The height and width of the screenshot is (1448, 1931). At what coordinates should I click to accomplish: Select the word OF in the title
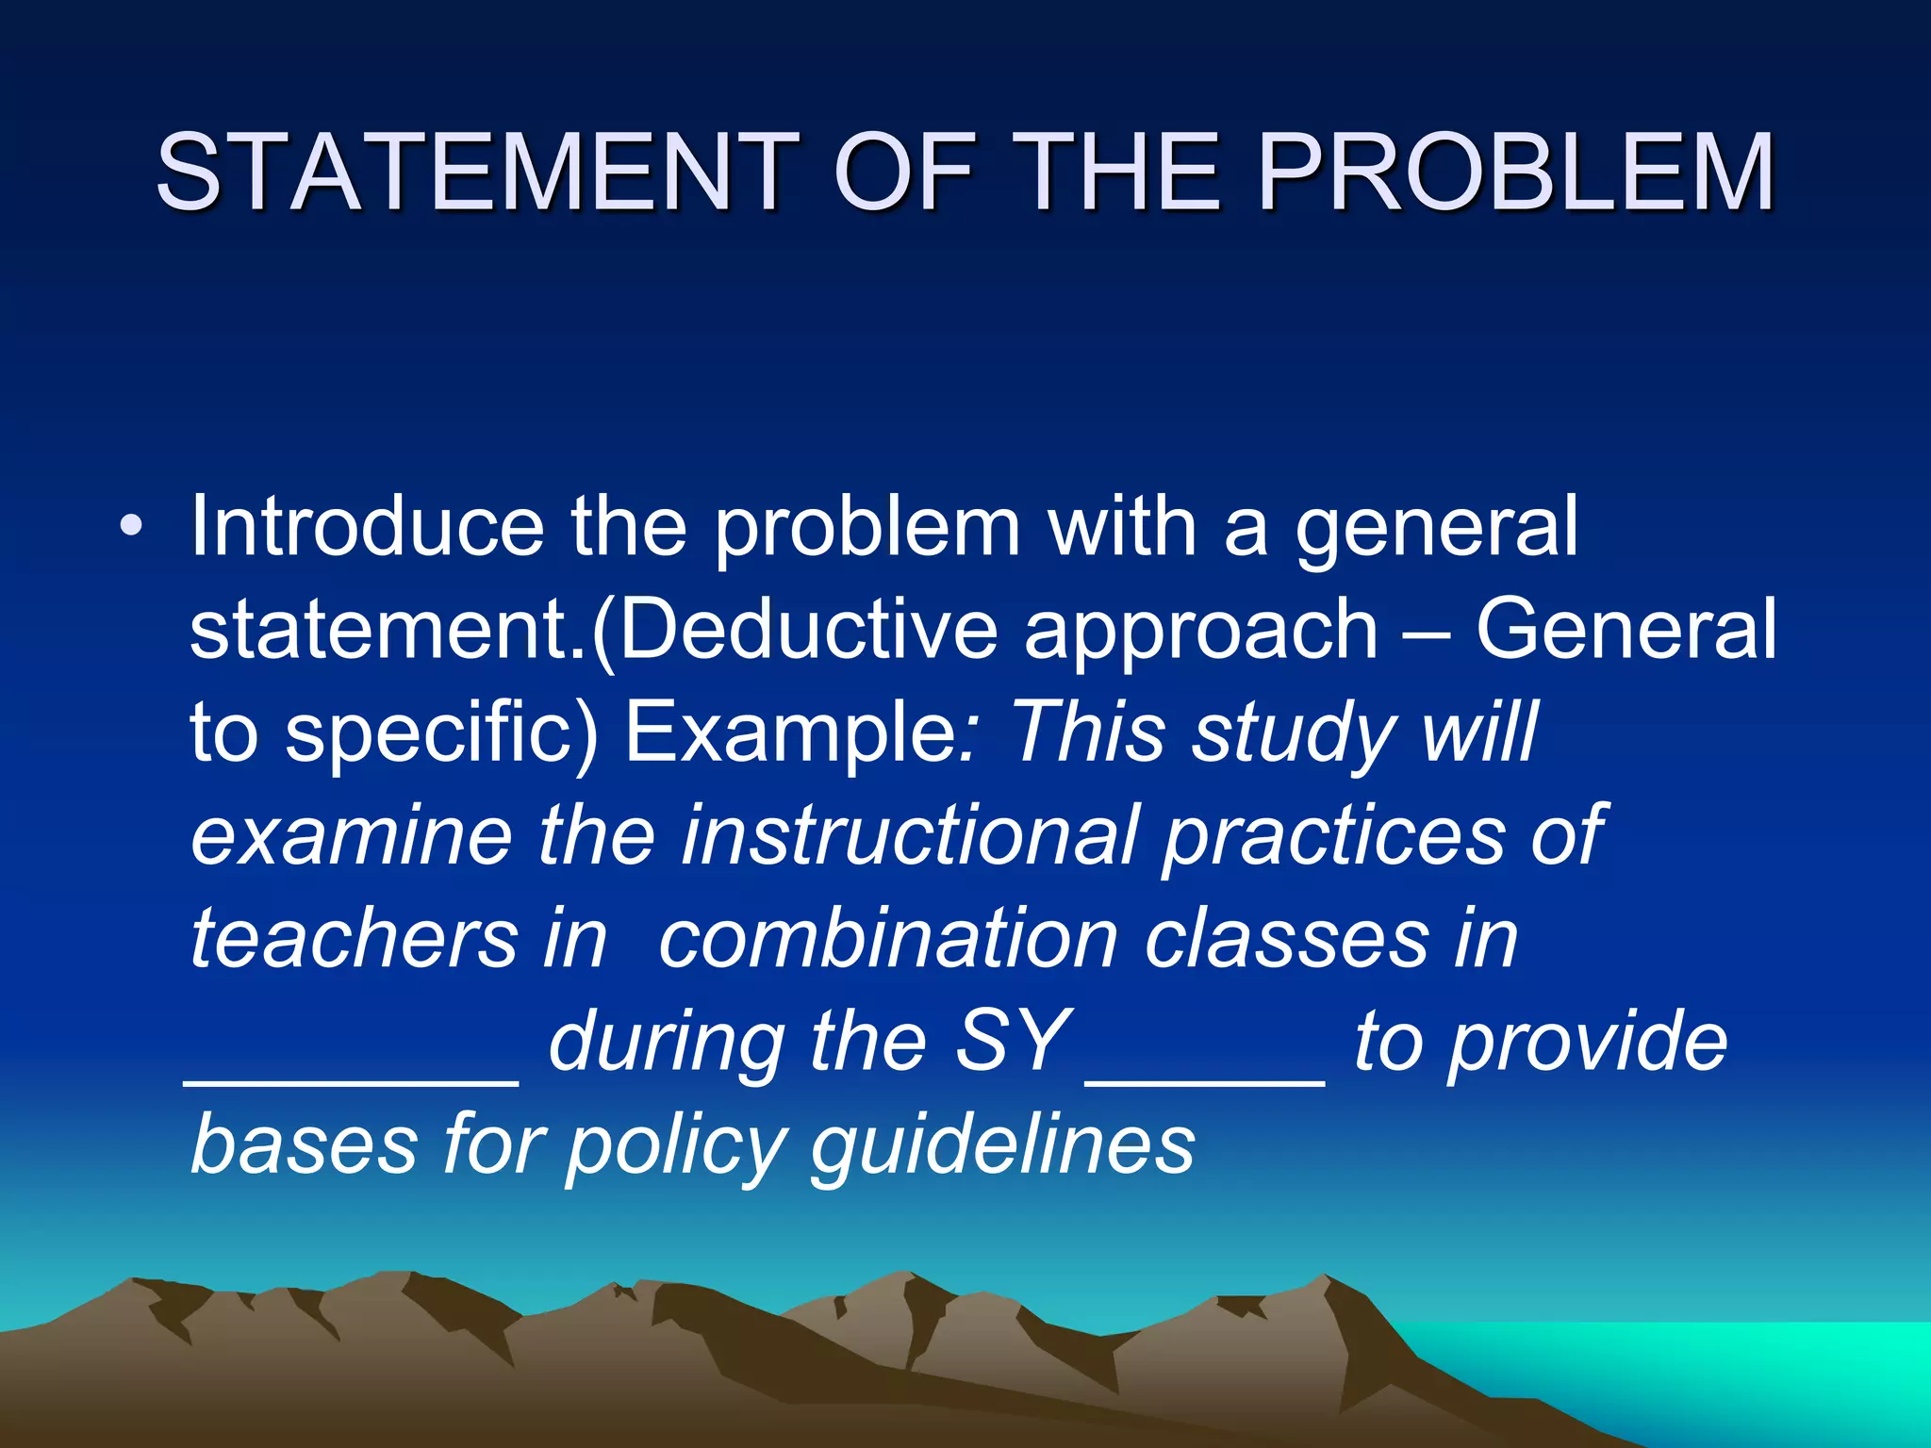click(x=903, y=172)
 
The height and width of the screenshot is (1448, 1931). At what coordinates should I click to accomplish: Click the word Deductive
click(x=807, y=630)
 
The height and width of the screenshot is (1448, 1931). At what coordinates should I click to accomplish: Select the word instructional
click(x=909, y=836)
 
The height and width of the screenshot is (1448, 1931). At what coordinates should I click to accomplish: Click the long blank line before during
click(x=352, y=1082)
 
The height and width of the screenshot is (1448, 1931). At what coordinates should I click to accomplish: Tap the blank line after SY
click(x=1206, y=1082)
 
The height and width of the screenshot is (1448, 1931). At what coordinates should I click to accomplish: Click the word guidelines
click(x=1002, y=1146)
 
